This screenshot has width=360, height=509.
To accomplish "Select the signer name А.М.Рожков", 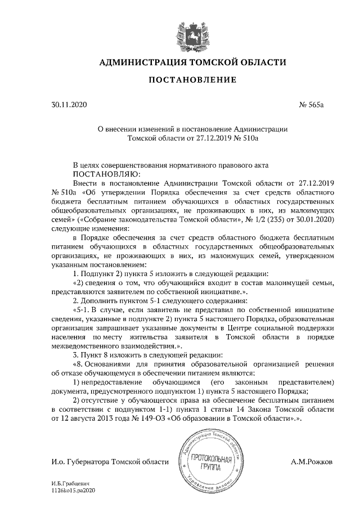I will coord(312,461).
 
